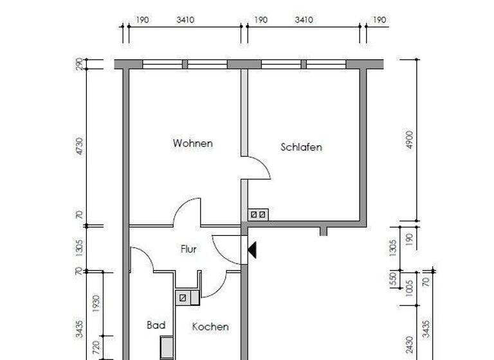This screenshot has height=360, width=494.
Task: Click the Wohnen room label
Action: coord(192,143)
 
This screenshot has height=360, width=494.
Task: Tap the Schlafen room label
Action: coord(301,147)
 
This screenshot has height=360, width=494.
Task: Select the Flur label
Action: coord(188,249)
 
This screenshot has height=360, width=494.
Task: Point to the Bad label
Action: coord(156,325)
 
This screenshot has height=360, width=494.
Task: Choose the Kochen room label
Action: coord(210,327)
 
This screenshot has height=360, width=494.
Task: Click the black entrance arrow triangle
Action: coord(252,249)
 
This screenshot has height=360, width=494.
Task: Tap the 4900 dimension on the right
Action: coord(410,140)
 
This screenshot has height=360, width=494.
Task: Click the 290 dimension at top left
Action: coord(78,64)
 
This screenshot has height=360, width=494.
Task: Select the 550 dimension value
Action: coord(394,281)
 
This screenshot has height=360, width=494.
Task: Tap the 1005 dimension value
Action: coord(410,286)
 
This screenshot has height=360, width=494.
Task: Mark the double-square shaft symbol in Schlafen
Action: coord(258,214)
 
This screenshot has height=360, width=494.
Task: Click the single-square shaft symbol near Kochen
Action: coord(183,298)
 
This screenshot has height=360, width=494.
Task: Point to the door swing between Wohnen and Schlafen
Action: coord(259,168)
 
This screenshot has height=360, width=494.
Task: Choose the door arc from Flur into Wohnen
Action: coord(188,212)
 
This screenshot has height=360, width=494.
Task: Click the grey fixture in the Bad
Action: coord(167,348)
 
